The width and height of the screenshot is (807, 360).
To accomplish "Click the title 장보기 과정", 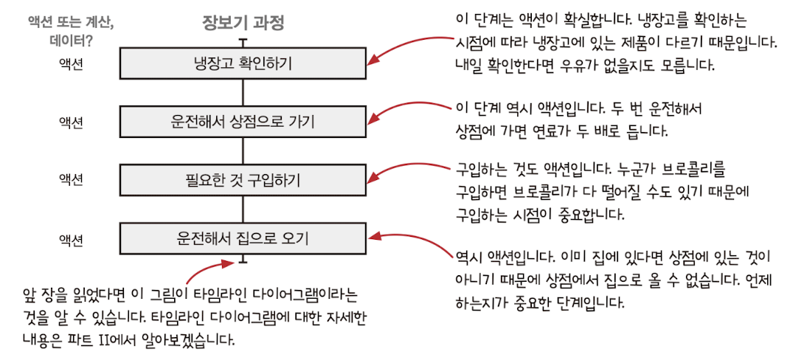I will tap(243, 23).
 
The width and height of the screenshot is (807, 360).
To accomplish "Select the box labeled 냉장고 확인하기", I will tap(243, 63).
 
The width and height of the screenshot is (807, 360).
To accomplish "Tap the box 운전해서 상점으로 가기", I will tap(243, 122).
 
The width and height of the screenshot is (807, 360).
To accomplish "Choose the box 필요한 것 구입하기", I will tap(243, 179).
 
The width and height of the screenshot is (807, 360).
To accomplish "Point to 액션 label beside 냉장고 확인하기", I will tap(71, 63).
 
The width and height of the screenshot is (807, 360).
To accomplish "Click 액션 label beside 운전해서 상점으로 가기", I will tap(71, 121).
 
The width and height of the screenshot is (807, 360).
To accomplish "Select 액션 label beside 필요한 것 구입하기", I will tap(71, 179).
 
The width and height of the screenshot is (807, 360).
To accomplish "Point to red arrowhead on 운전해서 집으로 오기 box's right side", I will tap(373, 237).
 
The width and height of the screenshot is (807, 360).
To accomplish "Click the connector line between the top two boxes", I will tap(243, 92).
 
